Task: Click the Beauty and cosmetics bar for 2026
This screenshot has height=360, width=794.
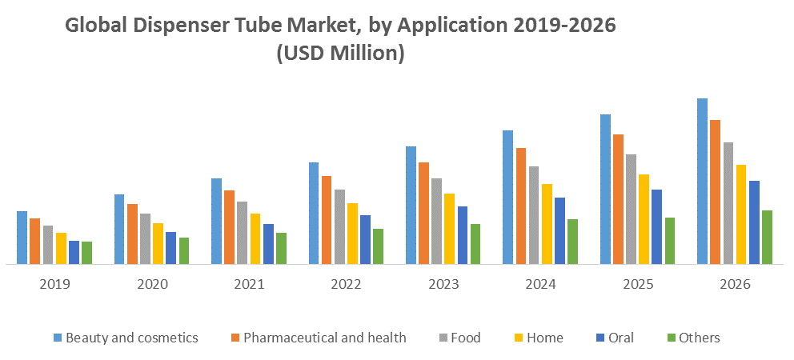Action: pyautogui.click(x=702, y=182)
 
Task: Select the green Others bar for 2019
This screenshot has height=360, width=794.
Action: pyautogui.click(x=86, y=253)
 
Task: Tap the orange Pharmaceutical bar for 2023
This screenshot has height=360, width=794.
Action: pyautogui.click(x=424, y=213)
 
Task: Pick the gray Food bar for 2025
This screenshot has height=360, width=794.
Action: pyautogui.click(x=631, y=209)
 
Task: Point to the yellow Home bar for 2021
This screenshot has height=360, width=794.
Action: pyautogui.click(x=255, y=239)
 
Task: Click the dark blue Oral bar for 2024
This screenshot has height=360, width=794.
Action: pyautogui.click(x=559, y=231)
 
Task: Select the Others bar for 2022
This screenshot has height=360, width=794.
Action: pyautogui.click(x=378, y=246)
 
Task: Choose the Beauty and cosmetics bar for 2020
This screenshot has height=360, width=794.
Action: pyautogui.click(x=119, y=230)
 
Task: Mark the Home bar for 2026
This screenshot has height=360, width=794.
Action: pyautogui.click(x=741, y=214)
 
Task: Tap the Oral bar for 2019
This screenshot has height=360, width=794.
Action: pyautogui.click(x=74, y=252)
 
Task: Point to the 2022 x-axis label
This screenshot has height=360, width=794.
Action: pyautogui.click(x=347, y=285)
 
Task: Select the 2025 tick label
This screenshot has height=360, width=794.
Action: pyautogui.click(x=638, y=285)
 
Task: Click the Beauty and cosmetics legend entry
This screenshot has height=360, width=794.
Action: pyautogui.click(x=126, y=338)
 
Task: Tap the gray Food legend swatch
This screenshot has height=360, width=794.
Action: pyautogui.click(x=443, y=338)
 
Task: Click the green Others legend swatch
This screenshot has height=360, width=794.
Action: pyautogui.click(x=671, y=338)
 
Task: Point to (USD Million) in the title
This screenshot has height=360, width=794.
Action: pyautogui.click(x=340, y=53)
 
